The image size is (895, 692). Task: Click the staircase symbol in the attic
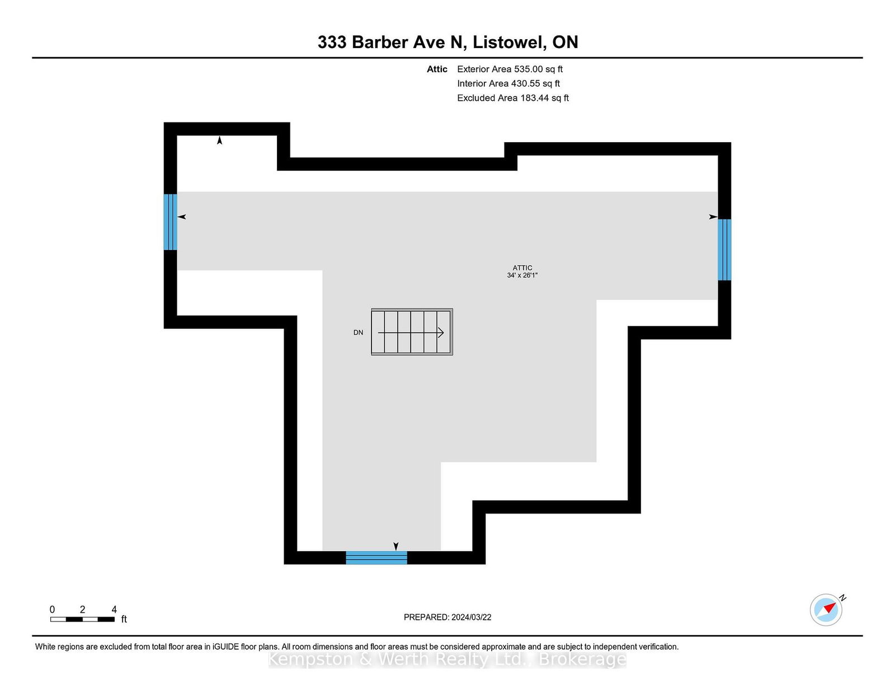[x=412, y=332]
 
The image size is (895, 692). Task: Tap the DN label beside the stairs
[x=358, y=332]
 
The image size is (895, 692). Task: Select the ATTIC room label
[x=522, y=268]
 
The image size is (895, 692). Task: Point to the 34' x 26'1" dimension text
[x=522, y=275]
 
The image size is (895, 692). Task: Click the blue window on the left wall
[x=171, y=222]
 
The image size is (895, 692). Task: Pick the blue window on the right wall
[x=724, y=250]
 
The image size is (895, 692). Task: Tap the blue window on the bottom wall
[x=376, y=557]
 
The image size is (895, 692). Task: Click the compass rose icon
[x=826, y=610]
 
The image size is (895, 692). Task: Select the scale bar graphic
[x=82, y=619]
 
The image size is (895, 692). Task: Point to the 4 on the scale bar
[x=114, y=609]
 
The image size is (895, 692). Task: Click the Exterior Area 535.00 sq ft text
[x=510, y=69]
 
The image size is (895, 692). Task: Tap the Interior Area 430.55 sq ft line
[x=508, y=83]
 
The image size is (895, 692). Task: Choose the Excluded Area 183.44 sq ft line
[x=513, y=98]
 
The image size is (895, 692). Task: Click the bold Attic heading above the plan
[x=437, y=69]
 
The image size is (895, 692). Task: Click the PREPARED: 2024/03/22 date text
[x=447, y=617]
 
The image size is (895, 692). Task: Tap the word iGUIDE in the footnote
[x=225, y=647]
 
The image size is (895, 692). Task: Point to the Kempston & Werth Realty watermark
[x=447, y=660]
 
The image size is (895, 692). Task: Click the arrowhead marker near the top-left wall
[x=219, y=140]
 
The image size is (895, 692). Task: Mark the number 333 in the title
[x=332, y=43]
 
